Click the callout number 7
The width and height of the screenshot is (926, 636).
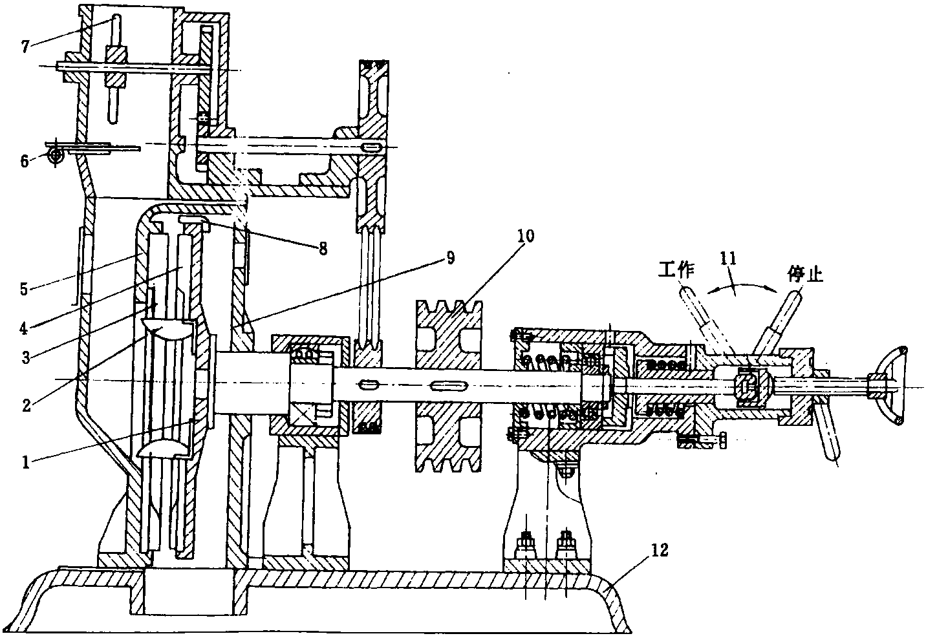pos(26,47)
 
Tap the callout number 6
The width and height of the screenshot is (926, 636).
pos(25,160)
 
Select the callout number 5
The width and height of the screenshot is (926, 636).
pos(23,289)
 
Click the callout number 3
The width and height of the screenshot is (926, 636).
pos(26,357)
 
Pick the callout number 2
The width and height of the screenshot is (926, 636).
pos(27,405)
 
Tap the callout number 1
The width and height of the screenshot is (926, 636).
pos(26,462)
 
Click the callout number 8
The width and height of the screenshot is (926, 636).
pos(323,248)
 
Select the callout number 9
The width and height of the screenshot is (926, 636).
pos(450,257)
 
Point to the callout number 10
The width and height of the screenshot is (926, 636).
pos(525,235)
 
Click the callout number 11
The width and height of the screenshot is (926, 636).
pos(728,259)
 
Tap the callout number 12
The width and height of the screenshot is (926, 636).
pos(660,550)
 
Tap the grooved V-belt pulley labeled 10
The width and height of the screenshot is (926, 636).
pos(449,386)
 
